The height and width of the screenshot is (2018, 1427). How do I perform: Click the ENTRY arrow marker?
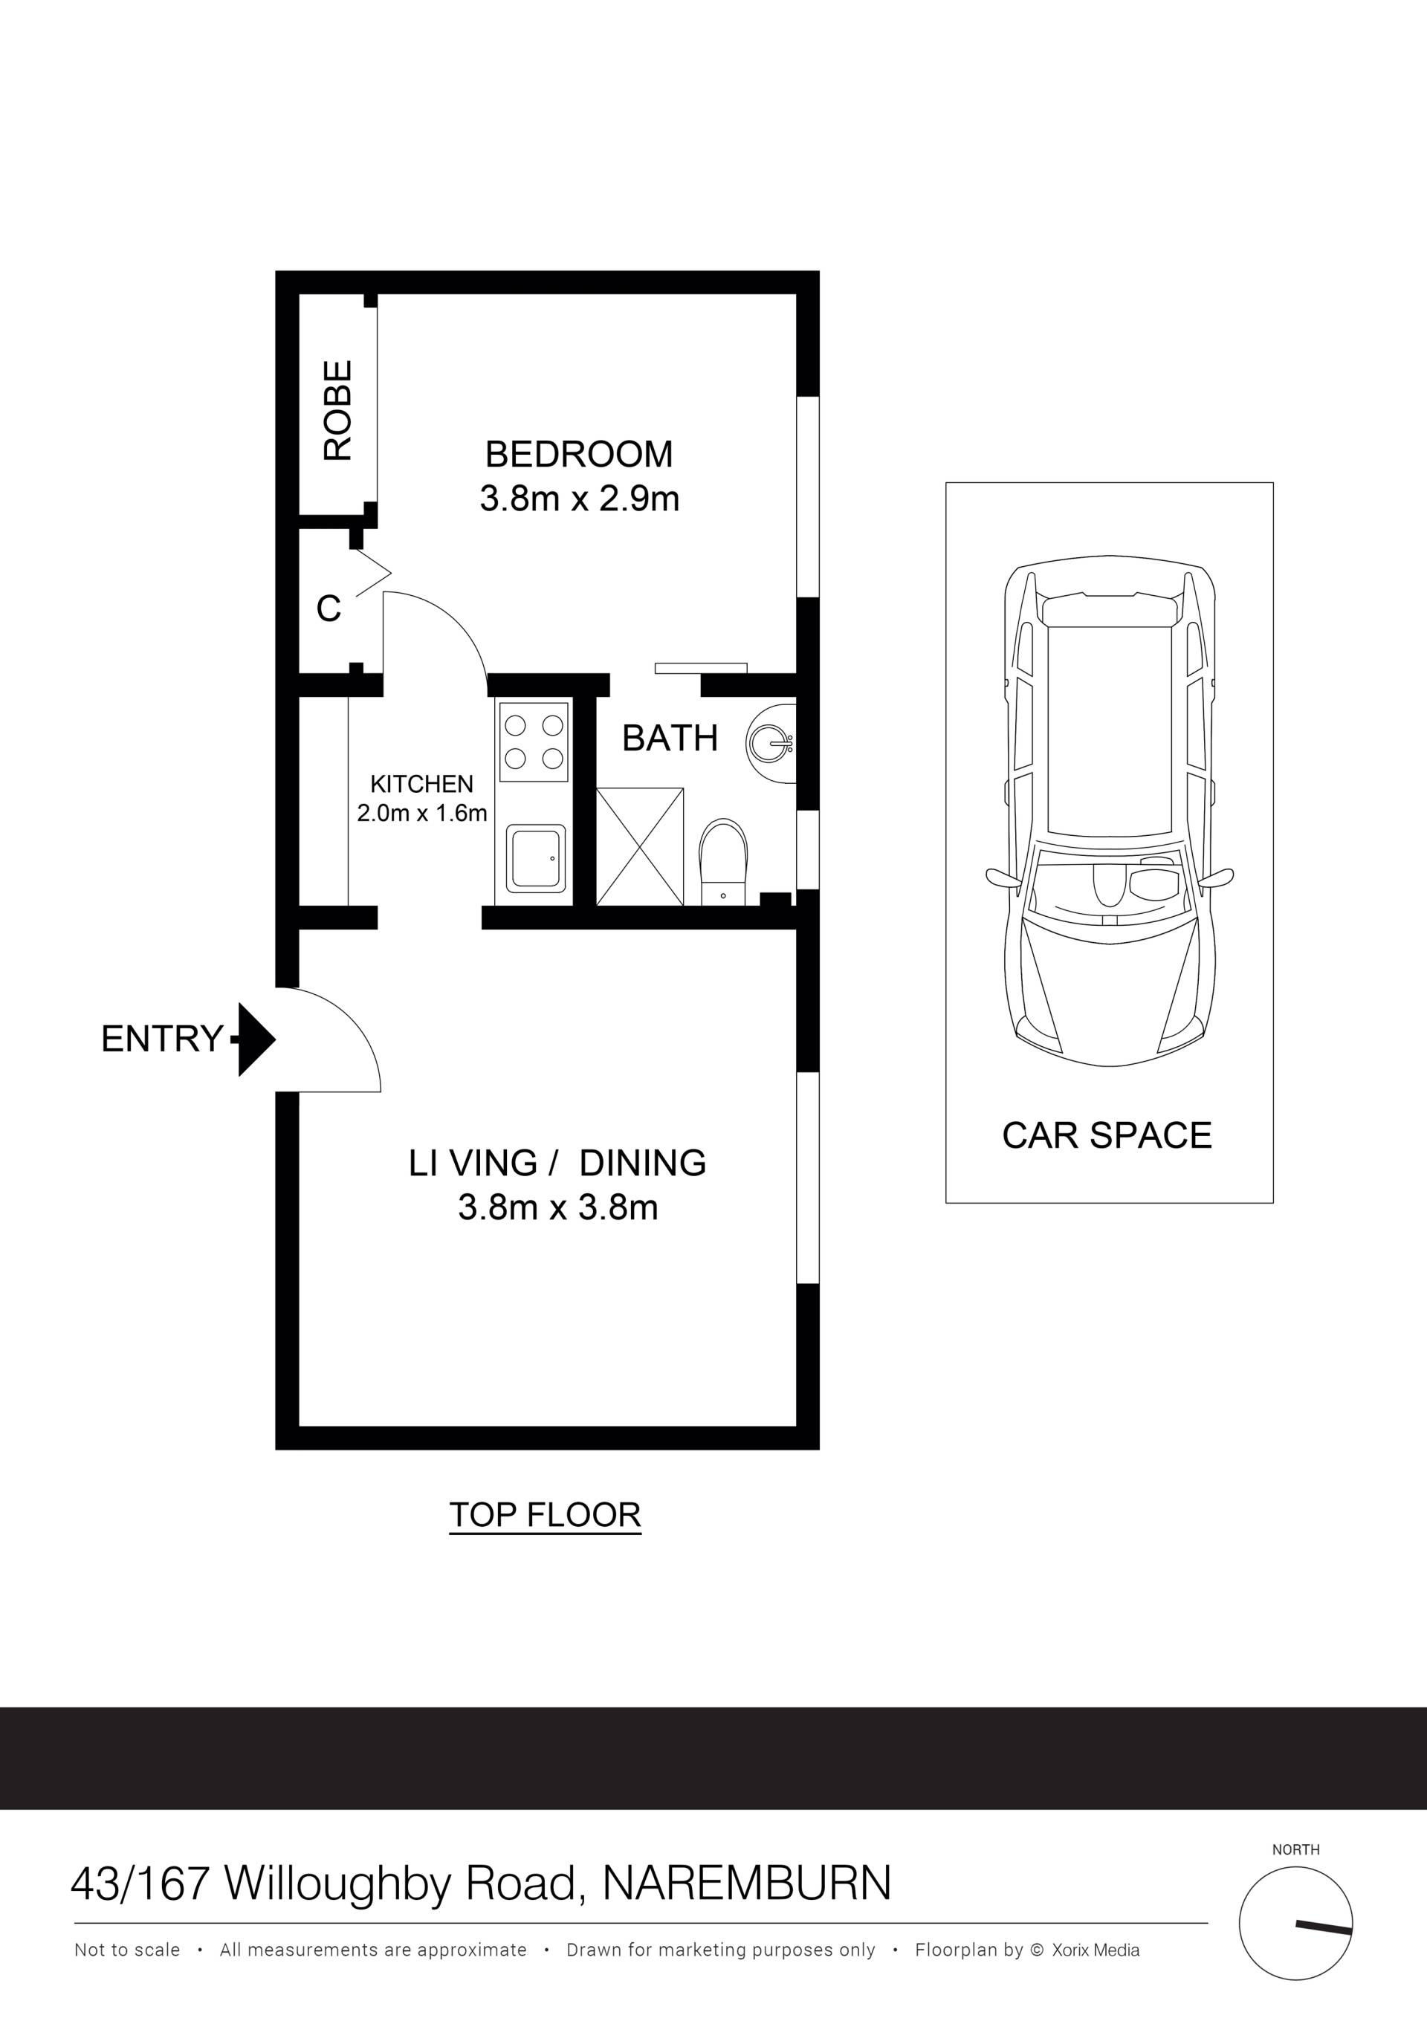click(x=254, y=1039)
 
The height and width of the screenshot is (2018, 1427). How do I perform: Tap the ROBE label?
click(x=337, y=410)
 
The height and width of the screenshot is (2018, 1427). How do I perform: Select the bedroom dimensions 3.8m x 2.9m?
click(x=580, y=499)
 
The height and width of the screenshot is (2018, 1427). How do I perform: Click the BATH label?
click(x=670, y=739)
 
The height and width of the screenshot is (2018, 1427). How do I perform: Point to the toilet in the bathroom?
click(x=722, y=862)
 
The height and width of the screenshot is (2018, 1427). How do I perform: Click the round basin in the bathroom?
click(x=771, y=743)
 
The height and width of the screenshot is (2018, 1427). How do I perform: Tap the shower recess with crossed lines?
click(x=640, y=846)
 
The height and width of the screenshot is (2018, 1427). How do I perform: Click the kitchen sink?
click(x=535, y=859)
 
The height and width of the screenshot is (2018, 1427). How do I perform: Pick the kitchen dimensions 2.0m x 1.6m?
click(x=422, y=814)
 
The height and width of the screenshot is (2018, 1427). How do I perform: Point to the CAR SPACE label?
click(x=1107, y=1135)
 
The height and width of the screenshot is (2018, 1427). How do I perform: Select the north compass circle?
click(x=1296, y=1923)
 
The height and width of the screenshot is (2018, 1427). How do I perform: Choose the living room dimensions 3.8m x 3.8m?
click(x=558, y=1207)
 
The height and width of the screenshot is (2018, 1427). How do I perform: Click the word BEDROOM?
click(x=580, y=455)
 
